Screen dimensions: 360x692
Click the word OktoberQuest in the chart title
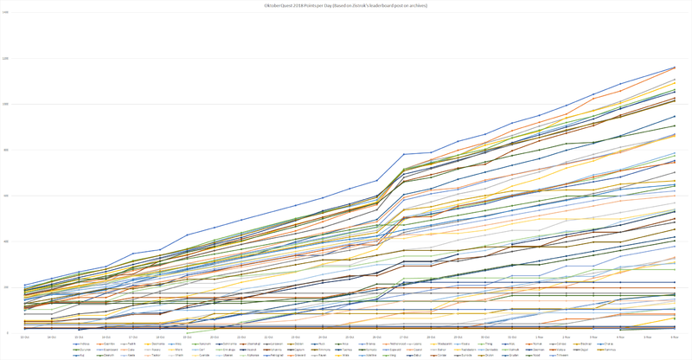(x=282, y=5)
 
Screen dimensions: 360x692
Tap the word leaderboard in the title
(x=385, y=5)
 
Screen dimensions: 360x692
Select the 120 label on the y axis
(x=5, y=59)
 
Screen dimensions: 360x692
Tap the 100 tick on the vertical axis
(x=5, y=105)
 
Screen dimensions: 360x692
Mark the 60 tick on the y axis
(x=6, y=196)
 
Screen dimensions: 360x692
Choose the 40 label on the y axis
(x=6, y=241)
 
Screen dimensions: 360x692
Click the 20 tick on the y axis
(x=6, y=287)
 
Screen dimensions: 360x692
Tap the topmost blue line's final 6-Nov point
(x=675, y=67)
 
